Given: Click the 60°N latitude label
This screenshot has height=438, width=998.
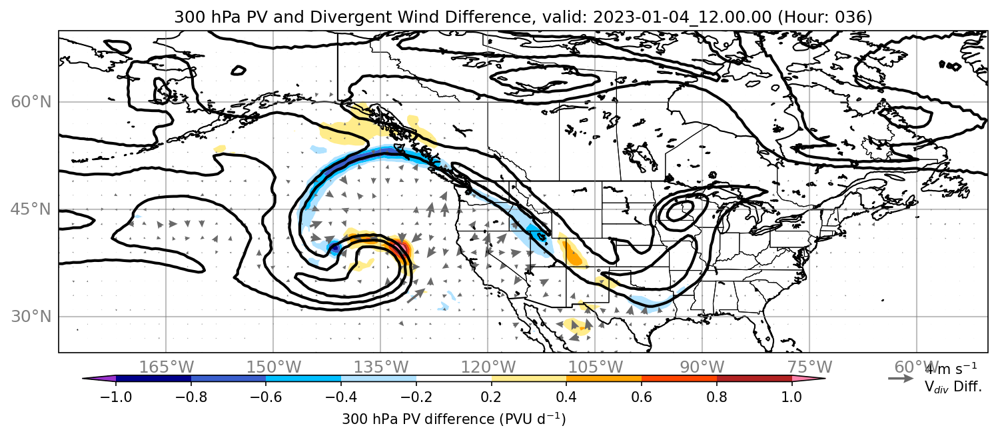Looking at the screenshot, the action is coord(31,102).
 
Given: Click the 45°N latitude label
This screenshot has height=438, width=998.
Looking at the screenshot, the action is coord(31,209).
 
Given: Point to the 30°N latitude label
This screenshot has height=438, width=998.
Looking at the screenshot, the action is coord(31,317).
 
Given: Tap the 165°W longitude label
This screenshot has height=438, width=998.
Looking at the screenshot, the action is coord(166,367).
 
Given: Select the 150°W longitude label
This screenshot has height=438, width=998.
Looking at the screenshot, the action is coord(274,367).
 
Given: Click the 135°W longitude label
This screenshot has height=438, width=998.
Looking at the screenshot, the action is coord(381,367).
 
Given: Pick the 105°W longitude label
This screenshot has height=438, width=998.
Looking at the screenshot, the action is coord(595,367).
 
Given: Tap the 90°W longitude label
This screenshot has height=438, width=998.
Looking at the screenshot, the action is coord(702,367).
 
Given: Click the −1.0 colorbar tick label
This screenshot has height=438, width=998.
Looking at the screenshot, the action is coord(116,397).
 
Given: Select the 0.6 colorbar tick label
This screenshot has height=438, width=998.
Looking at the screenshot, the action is coord(642,397).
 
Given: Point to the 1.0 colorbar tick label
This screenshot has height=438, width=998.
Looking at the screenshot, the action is coord(791,397).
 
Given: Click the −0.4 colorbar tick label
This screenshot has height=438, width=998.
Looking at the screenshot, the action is coord(341,397).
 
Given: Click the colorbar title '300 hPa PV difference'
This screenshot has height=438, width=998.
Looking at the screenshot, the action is coord(418,419).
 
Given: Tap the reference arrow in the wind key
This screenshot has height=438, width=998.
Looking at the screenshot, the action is coord(901,379).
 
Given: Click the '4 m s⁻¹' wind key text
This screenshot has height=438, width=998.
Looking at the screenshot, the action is coord(951,369).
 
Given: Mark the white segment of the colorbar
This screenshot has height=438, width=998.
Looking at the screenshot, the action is coord(454,379).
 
